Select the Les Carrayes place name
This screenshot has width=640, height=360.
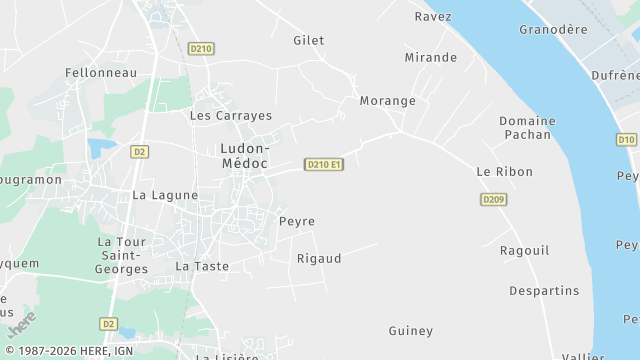231,115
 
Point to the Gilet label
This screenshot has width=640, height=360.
309,40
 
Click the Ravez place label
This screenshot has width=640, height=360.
433,16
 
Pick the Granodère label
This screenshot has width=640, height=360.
553,29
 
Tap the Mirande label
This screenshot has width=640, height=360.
430,57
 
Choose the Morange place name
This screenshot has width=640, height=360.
387,101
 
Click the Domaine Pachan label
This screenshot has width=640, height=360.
527,127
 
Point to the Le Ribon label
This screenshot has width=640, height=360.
505,172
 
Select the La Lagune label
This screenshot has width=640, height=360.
165,195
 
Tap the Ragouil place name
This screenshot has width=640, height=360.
525,250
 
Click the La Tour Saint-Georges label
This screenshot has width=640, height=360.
122,255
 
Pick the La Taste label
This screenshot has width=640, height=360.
202,266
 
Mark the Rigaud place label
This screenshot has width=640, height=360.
319,258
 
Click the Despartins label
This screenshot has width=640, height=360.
544,290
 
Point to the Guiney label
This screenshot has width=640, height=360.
411,330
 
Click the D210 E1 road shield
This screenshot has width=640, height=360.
324,164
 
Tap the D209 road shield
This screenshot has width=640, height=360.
493,200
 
